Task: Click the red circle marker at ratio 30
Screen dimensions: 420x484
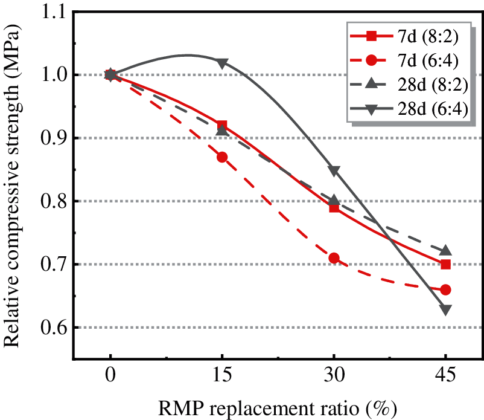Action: tap(334, 258)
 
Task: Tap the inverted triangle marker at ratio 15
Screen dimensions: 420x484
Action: tap(222, 63)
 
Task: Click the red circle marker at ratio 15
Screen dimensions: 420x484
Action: tap(222, 157)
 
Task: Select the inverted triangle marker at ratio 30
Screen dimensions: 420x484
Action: tap(334, 170)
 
